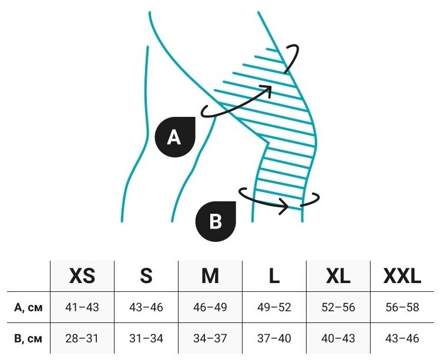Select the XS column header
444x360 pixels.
82,275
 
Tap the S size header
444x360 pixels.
146,275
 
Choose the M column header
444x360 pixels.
210,275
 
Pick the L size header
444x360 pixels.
274,275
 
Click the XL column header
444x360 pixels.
338,275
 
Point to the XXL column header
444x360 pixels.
402,275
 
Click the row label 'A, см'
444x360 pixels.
28,307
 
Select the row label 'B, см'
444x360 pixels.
28,339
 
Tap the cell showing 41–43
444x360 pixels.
82,307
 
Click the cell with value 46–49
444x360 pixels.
210,307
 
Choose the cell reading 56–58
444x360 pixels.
402,307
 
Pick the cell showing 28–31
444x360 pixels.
82,339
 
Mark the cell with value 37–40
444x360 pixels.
274,339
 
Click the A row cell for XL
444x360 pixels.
338,307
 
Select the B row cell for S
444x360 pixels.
146,339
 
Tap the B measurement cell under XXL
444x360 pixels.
402,339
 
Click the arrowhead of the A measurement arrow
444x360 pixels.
268,89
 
